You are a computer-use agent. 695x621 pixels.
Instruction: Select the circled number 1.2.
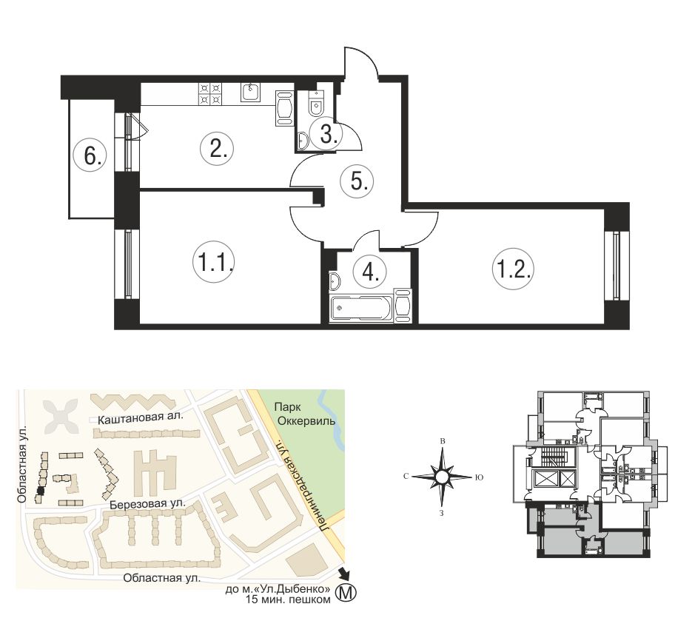[513, 268]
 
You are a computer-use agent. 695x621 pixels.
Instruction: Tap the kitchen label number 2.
[217, 149]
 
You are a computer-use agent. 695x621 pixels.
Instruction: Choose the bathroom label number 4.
[369, 272]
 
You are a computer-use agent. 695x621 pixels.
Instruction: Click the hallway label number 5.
[357, 181]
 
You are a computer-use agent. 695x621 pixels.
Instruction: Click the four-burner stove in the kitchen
[210, 93]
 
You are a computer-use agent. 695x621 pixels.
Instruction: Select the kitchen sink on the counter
[252, 93]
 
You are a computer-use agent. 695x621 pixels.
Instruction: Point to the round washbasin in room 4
[335, 281]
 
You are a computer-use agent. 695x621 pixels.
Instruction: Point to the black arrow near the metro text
[343, 574]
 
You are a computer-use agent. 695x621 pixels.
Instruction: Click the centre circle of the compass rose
[441, 477]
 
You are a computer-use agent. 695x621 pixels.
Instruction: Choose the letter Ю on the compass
[479, 477]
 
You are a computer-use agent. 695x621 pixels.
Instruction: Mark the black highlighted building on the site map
[41, 491]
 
